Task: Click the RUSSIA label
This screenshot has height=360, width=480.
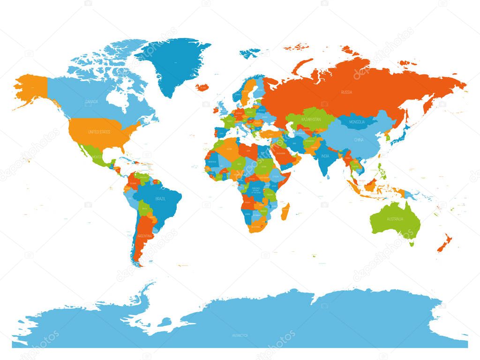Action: coord(347,92)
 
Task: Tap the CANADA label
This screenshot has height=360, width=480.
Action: coord(91,101)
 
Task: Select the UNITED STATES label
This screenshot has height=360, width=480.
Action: coord(98,132)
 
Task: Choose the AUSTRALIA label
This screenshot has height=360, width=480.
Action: coord(395,219)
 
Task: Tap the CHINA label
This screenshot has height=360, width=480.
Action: coord(359,140)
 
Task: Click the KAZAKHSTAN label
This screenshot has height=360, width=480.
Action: coord(311,120)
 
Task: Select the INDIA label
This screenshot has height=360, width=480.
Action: coord(325,156)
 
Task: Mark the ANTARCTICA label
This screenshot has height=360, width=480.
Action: coord(240,335)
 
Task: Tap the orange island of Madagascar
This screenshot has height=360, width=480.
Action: coord(285,211)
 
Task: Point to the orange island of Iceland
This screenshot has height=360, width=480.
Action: coord(202,87)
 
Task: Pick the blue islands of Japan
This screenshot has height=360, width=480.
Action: coord(399,136)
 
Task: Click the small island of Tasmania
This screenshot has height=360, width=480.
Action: coord(412,243)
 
